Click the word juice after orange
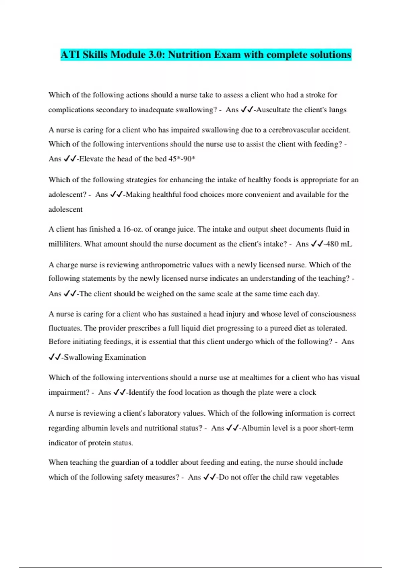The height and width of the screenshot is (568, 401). tap(182, 229)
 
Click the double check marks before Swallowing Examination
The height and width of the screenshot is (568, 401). tap(54, 358)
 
